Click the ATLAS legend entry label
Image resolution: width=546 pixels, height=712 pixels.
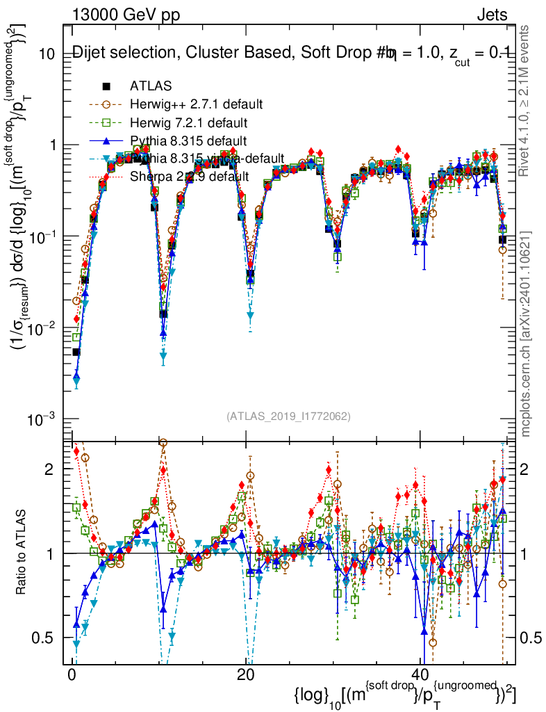click(150, 86)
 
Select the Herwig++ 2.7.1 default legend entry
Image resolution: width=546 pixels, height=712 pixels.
click(196, 104)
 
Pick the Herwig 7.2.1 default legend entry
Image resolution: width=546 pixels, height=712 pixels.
click(188, 123)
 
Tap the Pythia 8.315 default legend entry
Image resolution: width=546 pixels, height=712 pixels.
click(188, 141)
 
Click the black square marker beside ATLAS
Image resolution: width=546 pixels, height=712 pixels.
click(106, 86)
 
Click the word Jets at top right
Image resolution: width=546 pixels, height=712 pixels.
click(492, 15)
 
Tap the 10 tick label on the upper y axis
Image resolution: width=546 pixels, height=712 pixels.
click(46, 54)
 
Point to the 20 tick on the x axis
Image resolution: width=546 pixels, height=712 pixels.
click(245, 675)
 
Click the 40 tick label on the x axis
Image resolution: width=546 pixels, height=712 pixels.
click(419, 675)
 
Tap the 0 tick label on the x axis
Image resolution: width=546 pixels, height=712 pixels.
click(72, 675)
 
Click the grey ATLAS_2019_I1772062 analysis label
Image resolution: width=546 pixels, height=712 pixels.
click(288, 416)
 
